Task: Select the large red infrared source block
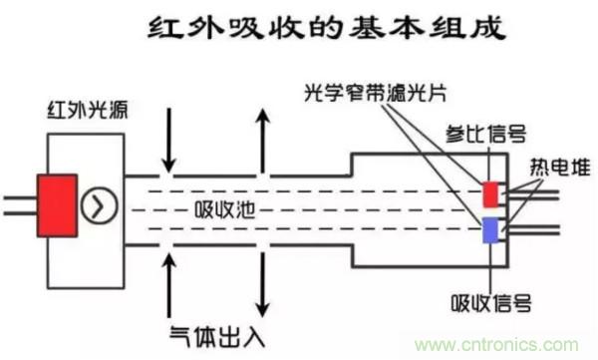click(x=58, y=205)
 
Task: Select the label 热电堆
click(x=555, y=166)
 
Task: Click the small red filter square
click(x=490, y=193)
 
